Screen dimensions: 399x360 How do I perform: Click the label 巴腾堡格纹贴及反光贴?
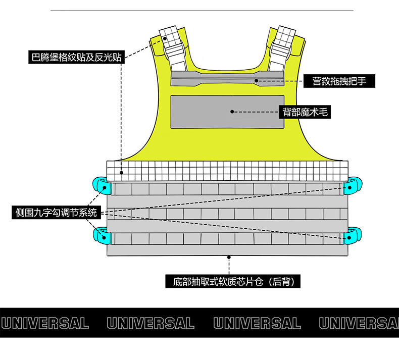point(76,57)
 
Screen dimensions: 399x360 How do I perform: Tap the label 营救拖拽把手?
point(339,81)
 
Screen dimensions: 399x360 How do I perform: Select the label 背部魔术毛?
point(305,112)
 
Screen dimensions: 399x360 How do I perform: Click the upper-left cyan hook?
point(100,186)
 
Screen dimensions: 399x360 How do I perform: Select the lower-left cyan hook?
point(100,235)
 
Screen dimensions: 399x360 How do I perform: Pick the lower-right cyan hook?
point(352,235)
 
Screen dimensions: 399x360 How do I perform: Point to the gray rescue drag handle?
point(227,80)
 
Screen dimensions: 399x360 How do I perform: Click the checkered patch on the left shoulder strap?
point(170,36)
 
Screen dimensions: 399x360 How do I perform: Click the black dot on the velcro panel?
point(233,112)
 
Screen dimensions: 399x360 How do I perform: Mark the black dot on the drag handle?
point(257,80)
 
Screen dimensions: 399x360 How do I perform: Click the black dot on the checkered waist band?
point(121,173)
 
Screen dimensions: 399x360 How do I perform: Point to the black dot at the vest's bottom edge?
point(229,257)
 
